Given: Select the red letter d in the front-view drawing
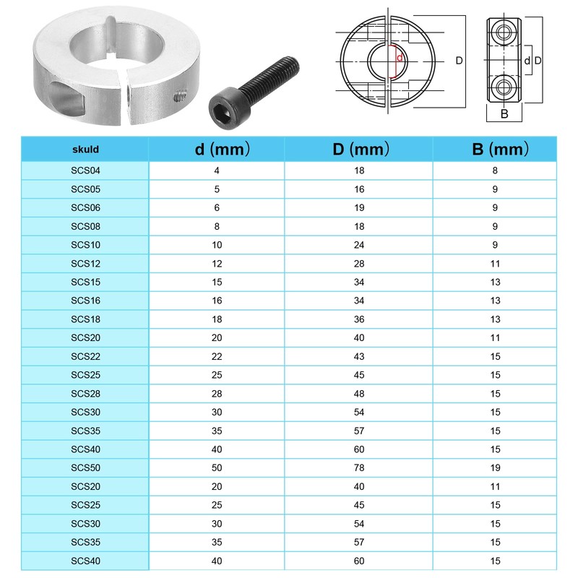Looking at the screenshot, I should coord(400,58).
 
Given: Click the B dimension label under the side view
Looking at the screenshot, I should coord(504,113).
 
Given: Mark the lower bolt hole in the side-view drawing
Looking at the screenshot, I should coord(504,88).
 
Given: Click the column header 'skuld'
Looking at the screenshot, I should coord(85,150).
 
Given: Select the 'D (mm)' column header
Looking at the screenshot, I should coord(359,150).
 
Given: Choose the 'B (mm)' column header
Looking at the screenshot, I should coord(495,150).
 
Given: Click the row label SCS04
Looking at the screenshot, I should coord(85,171).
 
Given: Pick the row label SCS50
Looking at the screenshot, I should coord(85,467).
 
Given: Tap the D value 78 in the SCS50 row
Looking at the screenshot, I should coord(359,467).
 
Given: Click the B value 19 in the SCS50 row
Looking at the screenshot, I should coord(495,467).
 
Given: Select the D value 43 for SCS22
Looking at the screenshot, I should coord(359,356).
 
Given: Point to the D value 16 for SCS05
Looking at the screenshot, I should coord(359,189).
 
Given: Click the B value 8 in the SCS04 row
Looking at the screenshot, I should coord(495,171).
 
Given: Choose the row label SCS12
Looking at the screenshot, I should coord(85,264).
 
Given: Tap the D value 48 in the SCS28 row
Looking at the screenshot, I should coord(359,393).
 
